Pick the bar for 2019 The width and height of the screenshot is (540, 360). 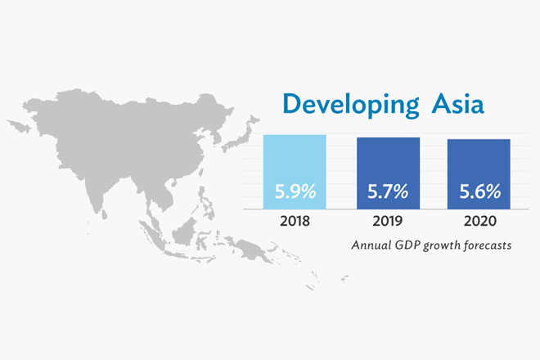(x=388, y=172)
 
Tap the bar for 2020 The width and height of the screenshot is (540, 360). (x=479, y=173)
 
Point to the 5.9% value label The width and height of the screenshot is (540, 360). (x=295, y=194)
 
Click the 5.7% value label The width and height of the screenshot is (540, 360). (x=388, y=194)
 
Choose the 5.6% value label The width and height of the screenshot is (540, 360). (x=479, y=194)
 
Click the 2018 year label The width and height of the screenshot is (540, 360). (x=295, y=221)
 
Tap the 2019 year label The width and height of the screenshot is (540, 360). (x=388, y=221)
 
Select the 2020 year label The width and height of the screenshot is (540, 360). (x=479, y=221)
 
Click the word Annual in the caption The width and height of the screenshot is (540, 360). (x=371, y=245)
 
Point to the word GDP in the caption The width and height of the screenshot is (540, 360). (x=408, y=245)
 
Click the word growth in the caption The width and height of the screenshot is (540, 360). (x=443, y=245)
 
